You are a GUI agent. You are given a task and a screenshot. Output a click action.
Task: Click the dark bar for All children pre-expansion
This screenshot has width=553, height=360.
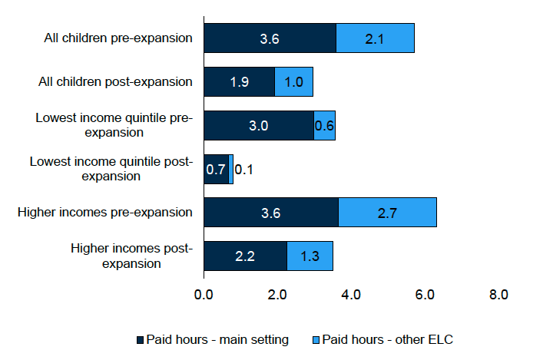(270, 38)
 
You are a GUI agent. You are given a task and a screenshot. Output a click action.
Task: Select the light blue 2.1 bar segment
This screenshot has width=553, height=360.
(375, 38)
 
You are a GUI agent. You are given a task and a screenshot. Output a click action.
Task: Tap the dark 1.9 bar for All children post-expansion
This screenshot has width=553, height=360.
(240, 81)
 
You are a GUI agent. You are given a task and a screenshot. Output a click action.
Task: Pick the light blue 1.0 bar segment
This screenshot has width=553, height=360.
(293, 81)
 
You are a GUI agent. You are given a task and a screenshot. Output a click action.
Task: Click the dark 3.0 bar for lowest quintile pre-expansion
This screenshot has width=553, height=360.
(259, 125)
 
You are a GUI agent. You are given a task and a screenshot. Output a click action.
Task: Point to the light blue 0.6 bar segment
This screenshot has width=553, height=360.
(324, 125)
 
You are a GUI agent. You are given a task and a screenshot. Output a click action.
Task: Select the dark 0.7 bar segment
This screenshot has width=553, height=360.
(216, 169)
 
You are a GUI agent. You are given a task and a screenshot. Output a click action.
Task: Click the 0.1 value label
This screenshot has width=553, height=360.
(244, 169)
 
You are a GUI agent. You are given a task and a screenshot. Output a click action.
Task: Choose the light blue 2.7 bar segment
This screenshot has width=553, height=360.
(387, 213)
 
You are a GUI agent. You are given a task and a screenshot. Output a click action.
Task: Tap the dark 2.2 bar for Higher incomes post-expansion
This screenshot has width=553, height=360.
(245, 256)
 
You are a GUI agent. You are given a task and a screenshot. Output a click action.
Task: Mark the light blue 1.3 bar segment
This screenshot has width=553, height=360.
(310, 256)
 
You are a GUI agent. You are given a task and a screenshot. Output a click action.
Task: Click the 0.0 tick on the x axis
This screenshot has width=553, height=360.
(204, 294)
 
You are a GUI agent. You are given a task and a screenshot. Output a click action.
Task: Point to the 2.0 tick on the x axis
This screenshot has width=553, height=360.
(277, 294)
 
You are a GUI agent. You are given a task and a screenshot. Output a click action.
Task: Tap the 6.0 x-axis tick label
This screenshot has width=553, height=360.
(424, 294)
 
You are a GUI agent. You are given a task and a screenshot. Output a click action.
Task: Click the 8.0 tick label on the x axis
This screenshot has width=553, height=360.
(498, 294)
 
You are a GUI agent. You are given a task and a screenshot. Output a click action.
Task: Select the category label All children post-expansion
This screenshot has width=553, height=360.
(116, 81)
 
